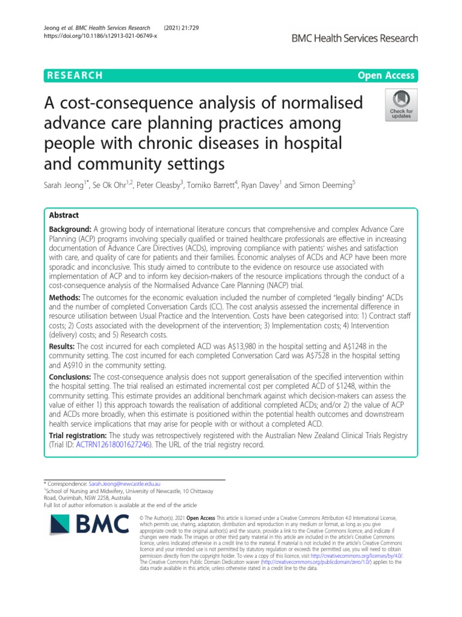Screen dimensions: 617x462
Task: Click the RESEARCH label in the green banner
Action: click(73, 75)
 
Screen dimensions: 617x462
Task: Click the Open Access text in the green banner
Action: click(386, 75)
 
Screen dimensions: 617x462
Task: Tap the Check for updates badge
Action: click(401, 104)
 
